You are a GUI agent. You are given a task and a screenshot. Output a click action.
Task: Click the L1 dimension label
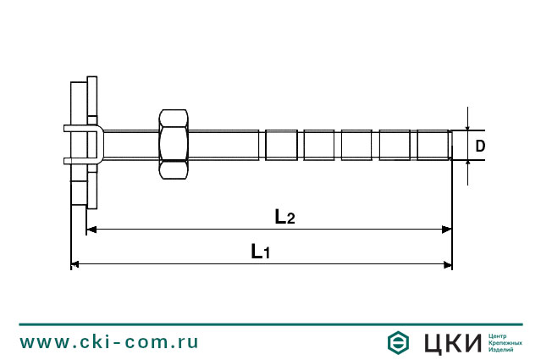pos(260,251)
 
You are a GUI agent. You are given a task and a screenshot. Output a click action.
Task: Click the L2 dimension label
pos(284,217)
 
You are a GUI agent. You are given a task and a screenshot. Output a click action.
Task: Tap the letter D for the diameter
pos(480,146)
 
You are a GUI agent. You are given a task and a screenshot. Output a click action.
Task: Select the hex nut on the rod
pos(173,144)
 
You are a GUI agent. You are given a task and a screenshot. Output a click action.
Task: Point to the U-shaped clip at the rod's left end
pos(84,144)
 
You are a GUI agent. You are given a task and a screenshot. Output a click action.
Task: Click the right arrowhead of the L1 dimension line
pos(447,264)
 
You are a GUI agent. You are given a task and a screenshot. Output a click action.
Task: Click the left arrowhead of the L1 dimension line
pos(75,264)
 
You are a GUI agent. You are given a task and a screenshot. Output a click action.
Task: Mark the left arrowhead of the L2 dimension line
pos(92,229)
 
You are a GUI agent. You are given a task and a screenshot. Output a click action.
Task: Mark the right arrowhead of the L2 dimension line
pos(447,229)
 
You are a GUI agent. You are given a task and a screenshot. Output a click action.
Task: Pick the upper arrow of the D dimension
pos(467,124)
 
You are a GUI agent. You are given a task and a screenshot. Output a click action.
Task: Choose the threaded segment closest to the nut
pos(281,145)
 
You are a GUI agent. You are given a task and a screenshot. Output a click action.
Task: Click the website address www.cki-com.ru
pos(109,342)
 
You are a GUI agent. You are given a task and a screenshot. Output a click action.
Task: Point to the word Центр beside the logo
pos(500,335)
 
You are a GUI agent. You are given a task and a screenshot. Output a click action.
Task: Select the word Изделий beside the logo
pos(503,350)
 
